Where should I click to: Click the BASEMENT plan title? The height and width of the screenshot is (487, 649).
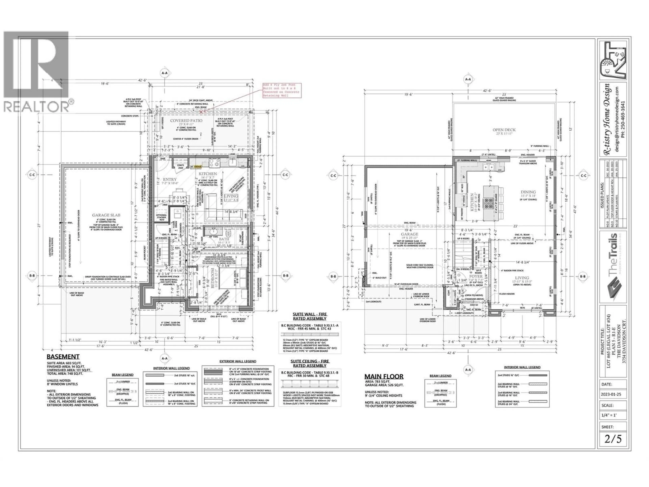[63, 357]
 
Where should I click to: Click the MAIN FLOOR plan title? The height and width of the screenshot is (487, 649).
[384, 377]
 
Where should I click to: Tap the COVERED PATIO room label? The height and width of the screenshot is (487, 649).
[186, 121]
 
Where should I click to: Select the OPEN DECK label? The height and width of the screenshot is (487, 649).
[504, 130]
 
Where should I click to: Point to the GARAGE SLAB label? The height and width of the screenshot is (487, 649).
[106, 215]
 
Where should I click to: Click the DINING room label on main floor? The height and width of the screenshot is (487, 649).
[528, 192]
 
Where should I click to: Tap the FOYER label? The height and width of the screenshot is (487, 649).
[476, 276]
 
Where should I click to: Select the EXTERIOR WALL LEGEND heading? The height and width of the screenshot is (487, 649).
[238, 361]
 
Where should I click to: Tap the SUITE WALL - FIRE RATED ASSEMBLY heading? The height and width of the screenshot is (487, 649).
[309, 316]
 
